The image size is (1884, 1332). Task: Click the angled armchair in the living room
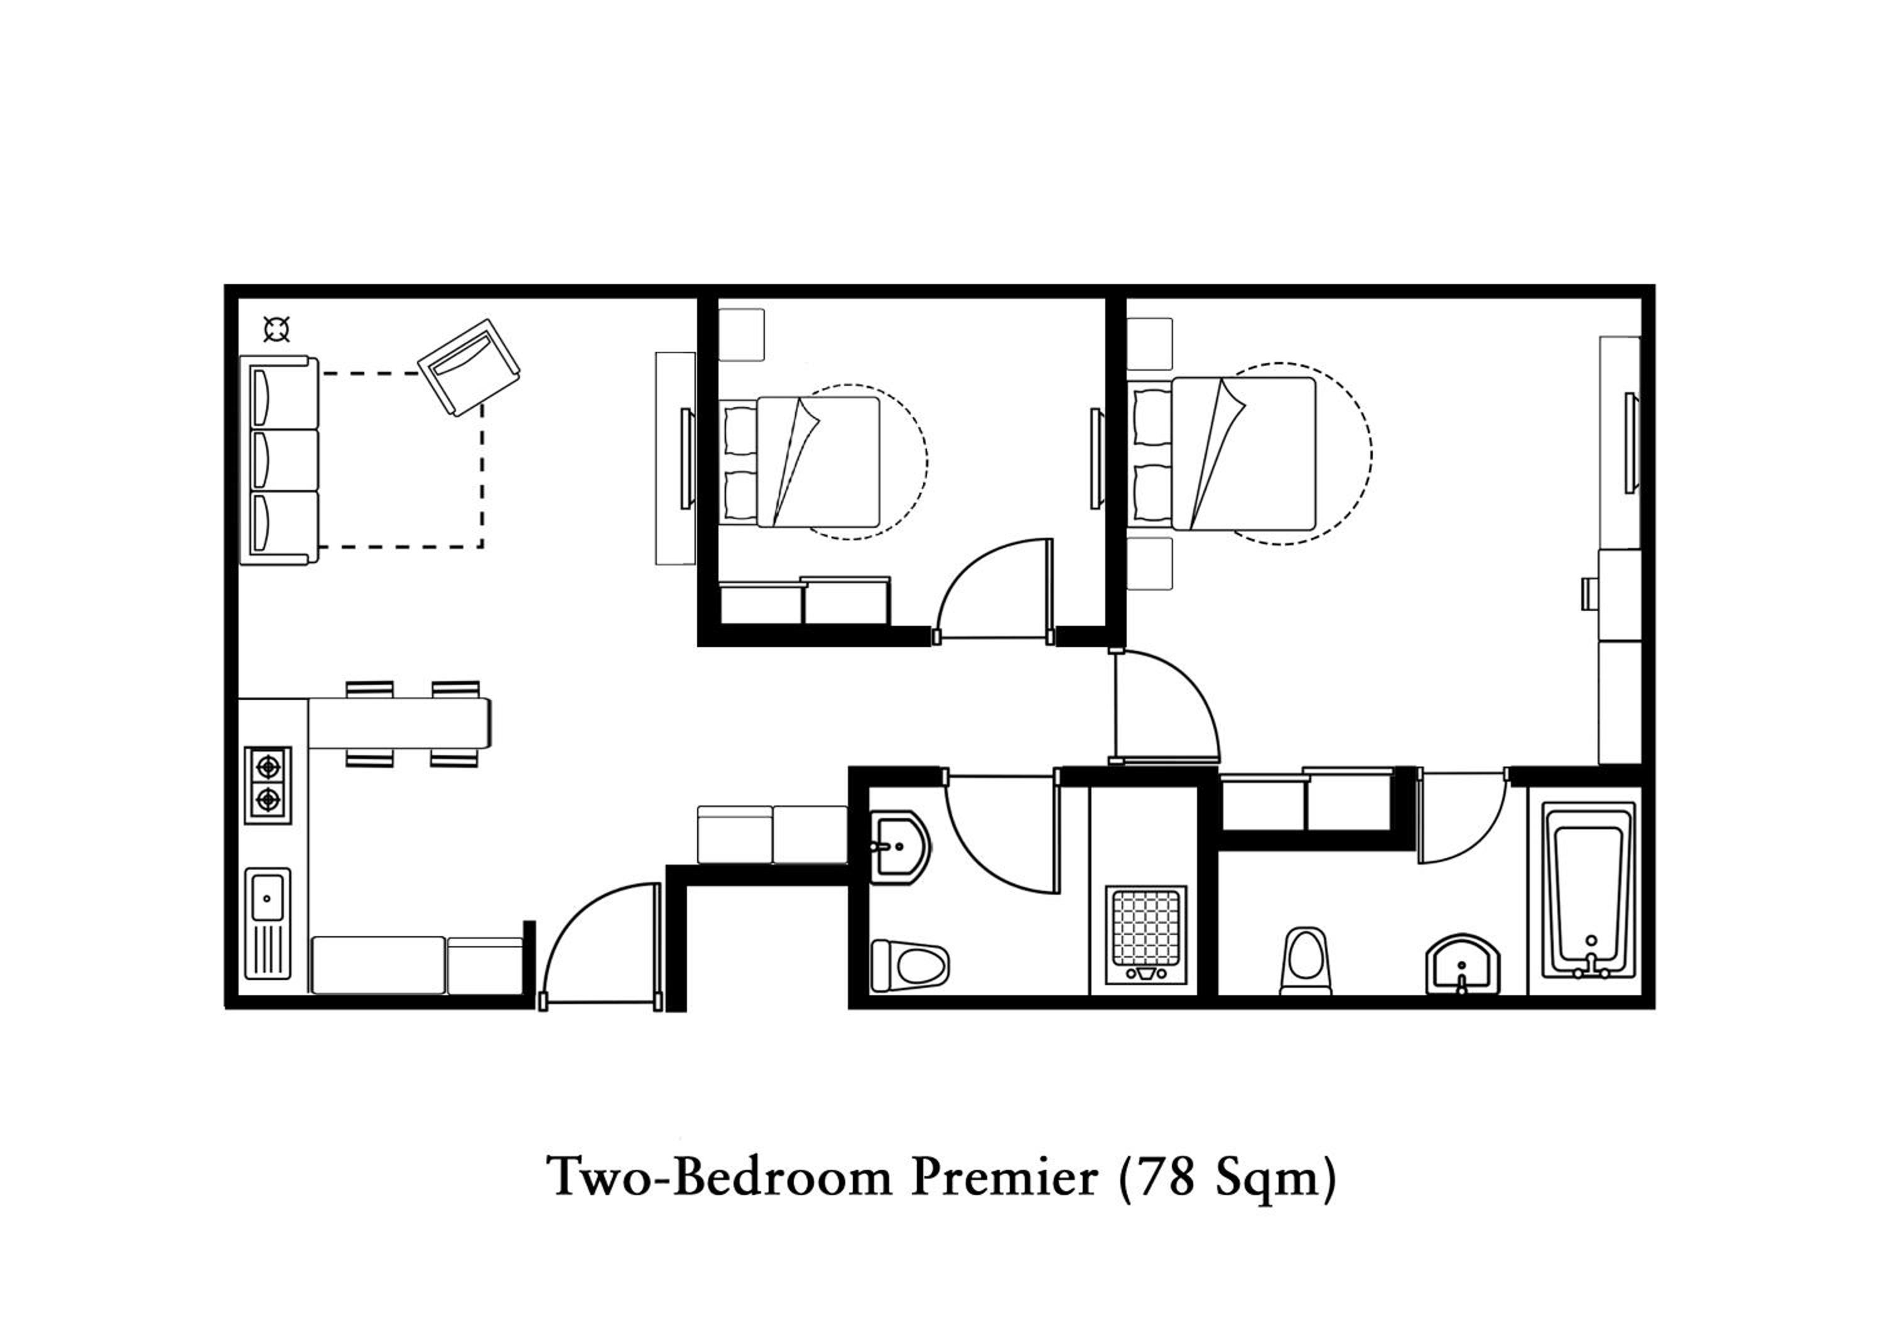pos(468,367)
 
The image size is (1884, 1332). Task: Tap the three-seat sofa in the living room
pos(279,461)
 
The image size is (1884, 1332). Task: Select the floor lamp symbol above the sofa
pos(276,330)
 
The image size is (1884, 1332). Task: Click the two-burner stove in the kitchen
pos(268,785)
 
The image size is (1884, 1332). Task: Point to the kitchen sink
pos(268,924)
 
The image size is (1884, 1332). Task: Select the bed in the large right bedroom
pos(1223,453)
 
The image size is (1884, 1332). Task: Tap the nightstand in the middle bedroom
pos(742,335)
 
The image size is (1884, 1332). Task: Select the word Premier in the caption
pos(1005,1177)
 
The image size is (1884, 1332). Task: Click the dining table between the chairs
pos(399,723)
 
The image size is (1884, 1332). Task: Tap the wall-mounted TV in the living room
pos(688,459)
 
